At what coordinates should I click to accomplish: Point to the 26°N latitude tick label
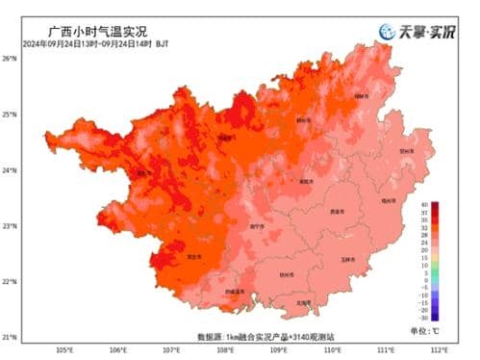point(10,59)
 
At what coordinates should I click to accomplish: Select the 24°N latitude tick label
point(10,170)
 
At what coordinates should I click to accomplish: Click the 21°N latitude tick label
point(10,337)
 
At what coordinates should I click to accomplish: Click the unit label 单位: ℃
point(431,330)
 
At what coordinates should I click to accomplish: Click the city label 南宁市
point(257,226)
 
